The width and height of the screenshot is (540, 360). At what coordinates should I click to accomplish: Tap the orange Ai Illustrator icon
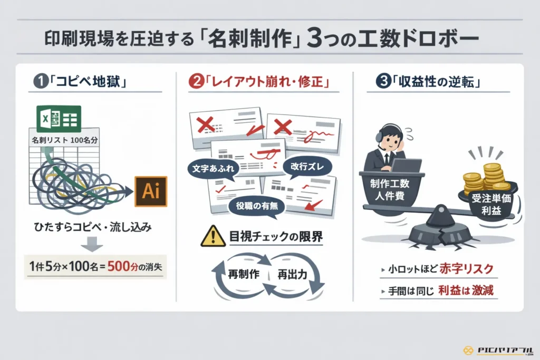[x=151, y=191]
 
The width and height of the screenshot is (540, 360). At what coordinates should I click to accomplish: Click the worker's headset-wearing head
[x=392, y=140]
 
